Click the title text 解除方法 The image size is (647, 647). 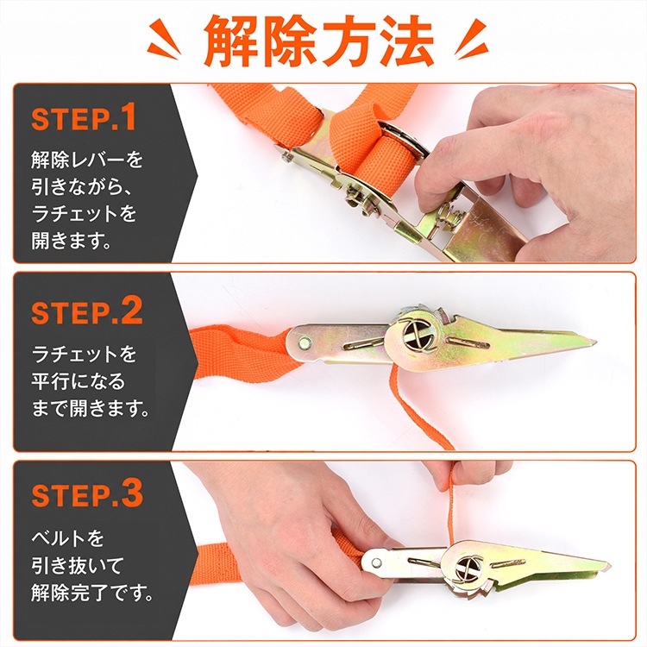(318, 41)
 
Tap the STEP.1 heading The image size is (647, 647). (84, 117)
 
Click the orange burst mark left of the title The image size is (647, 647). (164, 38)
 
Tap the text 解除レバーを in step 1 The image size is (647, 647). (87, 160)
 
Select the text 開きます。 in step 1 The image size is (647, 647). (72, 241)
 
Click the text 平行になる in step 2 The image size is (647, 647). (78, 381)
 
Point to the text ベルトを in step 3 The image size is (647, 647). (68, 538)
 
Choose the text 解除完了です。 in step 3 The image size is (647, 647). (92, 593)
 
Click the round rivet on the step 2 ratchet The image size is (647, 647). (305, 342)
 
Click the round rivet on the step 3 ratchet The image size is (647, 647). (376, 562)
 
